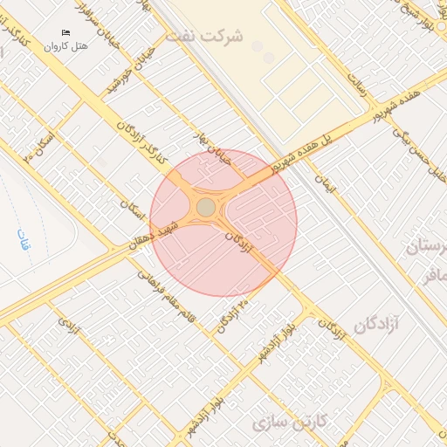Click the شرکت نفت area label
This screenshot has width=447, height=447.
click(x=232, y=37)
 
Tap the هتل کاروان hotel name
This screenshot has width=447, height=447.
click(x=67, y=45)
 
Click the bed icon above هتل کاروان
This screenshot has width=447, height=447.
click(x=65, y=33)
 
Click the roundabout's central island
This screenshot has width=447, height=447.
click(x=206, y=207)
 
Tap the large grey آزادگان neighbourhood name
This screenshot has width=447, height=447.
click(x=375, y=326)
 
